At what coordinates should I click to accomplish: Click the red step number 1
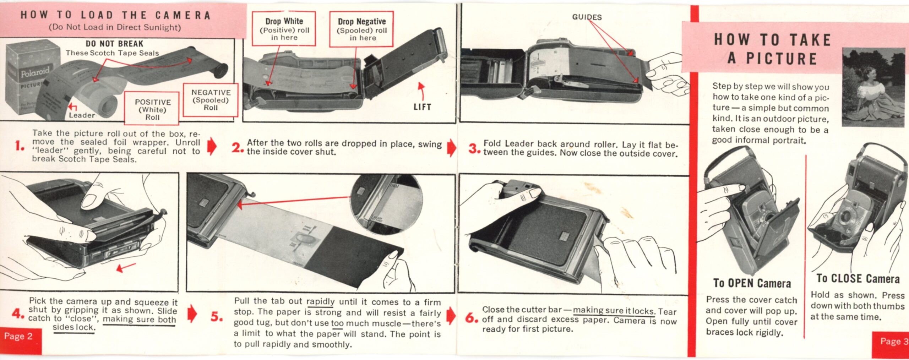(x=19, y=146)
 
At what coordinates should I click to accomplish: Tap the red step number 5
(x=216, y=316)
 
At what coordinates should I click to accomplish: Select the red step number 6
(x=472, y=318)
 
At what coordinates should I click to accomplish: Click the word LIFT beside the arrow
(x=422, y=107)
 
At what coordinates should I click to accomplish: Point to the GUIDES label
(x=587, y=17)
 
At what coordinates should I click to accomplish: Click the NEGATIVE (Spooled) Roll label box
(x=211, y=100)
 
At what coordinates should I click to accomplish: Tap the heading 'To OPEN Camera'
(x=752, y=283)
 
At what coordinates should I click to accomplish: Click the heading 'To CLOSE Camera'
(x=858, y=278)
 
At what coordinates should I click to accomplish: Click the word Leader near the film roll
(x=82, y=115)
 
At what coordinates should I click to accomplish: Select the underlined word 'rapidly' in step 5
(x=320, y=302)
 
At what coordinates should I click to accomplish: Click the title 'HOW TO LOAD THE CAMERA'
(x=116, y=15)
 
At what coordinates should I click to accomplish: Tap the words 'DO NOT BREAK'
(x=114, y=44)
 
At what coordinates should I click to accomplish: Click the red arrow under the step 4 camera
(x=126, y=267)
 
